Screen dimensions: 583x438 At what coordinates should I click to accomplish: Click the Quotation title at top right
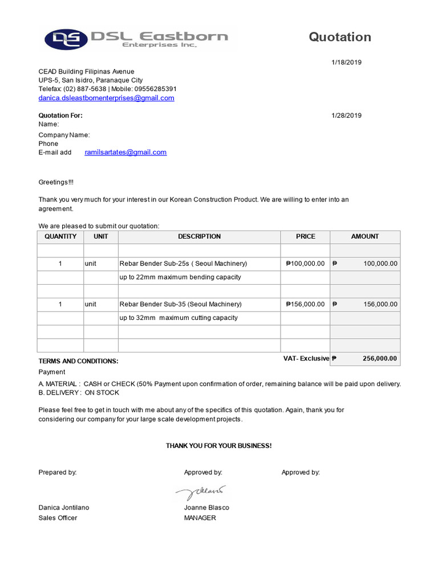pyautogui.click(x=340, y=37)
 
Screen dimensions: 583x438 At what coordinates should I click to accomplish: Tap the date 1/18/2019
pyautogui.click(x=346, y=63)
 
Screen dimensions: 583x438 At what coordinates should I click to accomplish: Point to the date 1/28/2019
pyautogui.click(x=346, y=116)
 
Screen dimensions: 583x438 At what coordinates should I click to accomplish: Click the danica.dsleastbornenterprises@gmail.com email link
pyautogui.click(x=106, y=98)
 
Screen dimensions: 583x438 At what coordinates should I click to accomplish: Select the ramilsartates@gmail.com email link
pyautogui.click(x=125, y=152)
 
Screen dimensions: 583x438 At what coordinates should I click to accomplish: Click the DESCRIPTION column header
pyautogui.click(x=199, y=236)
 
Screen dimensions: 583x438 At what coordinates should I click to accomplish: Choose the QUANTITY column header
pyautogui.click(x=60, y=236)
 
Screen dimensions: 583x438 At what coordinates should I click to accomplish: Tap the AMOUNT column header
pyautogui.click(x=365, y=236)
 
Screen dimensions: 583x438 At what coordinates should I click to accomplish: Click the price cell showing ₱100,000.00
pyautogui.click(x=305, y=264)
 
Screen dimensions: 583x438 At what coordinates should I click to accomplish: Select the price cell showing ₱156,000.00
pyautogui.click(x=305, y=304)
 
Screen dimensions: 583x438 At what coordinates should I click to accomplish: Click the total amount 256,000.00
pyautogui.click(x=380, y=359)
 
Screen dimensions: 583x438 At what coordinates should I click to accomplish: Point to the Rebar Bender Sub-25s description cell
pyautogui.click(x=183, y=264)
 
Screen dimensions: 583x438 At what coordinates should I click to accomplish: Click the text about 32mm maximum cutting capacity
pyautogui.click(x=179, y=318)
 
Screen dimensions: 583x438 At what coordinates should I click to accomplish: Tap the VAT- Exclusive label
pyautogui.click(x=306, y=359)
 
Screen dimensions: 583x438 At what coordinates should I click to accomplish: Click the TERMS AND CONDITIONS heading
pyautogui.click(x=78, y=361)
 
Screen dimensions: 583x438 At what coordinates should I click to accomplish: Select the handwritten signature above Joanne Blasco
pyautogui.click(x=201, y=491)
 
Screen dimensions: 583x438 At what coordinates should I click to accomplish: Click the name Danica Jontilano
pyautogui.click(x=64, y=507)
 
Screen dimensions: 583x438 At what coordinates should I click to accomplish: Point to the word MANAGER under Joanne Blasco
pyautogui.click(x=200, y=518)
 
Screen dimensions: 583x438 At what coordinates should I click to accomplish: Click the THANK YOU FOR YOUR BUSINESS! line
pyautogui.click(x=218, y=446)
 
